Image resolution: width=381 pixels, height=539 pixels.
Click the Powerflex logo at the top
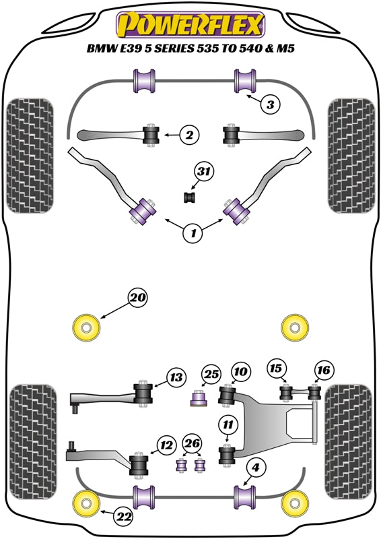[190, 26]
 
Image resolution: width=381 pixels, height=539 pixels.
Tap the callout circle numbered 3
[270, 104]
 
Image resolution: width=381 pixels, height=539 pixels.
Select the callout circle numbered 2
[190, 135]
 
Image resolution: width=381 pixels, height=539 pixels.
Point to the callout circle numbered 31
[201, 172]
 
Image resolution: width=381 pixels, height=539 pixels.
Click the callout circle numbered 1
[193, 234]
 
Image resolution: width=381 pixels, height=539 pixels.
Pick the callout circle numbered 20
[138, 297]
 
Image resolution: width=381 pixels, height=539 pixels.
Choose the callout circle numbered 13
[176, 378]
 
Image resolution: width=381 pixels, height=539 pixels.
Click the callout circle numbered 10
[241, 371]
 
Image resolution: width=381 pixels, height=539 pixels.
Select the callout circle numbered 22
[124, 517]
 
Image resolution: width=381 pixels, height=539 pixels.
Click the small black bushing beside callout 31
[189, 197]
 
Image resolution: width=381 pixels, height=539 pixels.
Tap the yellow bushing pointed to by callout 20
[85, 327]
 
